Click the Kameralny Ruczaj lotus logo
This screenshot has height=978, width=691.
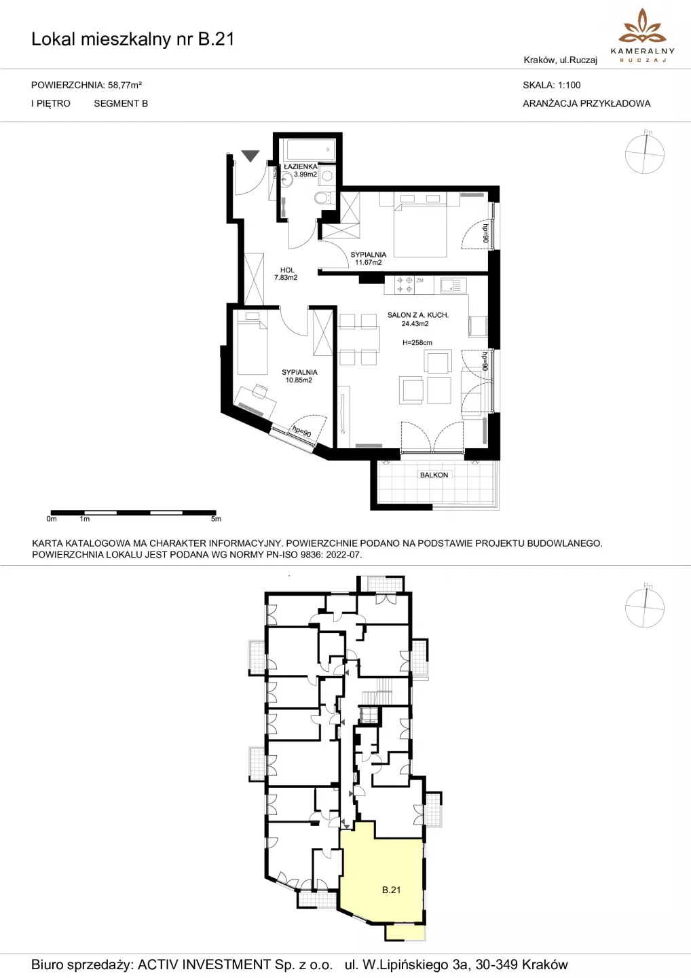(643, 27)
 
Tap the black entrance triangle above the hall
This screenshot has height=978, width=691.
(250, 156)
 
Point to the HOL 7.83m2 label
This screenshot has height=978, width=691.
(286, 274)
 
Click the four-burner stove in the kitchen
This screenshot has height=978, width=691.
(405, 285)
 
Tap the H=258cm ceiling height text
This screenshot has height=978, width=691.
(417, 343)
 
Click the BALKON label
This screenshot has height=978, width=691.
(434, 475)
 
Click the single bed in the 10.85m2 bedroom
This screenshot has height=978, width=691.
(252, 343)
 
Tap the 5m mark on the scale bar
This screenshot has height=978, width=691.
(216, 519)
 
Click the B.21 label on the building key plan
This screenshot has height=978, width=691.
(391, 890)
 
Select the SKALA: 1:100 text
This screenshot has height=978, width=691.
(552, 85)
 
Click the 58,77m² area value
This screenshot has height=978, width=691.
(125, 85)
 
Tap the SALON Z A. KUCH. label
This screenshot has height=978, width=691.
(418, 315)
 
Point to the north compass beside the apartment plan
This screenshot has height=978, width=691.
(645, 153)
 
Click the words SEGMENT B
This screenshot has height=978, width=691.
(121, 103)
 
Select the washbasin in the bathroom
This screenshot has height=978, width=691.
(286, 179)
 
